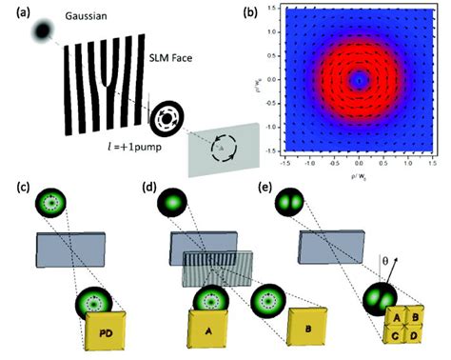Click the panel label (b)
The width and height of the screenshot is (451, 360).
coord(251,14)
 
